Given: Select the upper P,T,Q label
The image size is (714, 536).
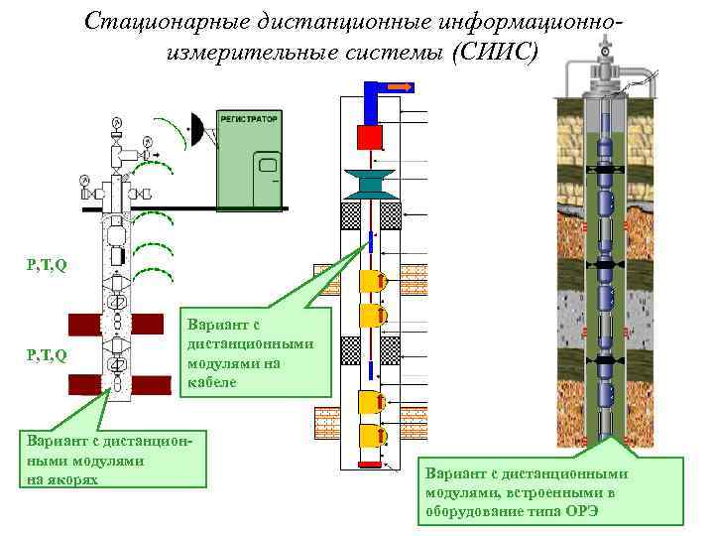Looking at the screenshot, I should pyautogui.click(x=47, y=265).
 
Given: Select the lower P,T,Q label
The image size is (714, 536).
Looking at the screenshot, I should pyautogui.click(x=47, y=355).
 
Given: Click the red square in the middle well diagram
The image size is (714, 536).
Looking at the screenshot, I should pyautogui.click(x=370, y=137).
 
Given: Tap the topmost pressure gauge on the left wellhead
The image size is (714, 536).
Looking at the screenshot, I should pyautogui.click(x=116, y=121).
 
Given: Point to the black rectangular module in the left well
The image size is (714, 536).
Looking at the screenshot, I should pyautogui.click(x=117, y=255).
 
